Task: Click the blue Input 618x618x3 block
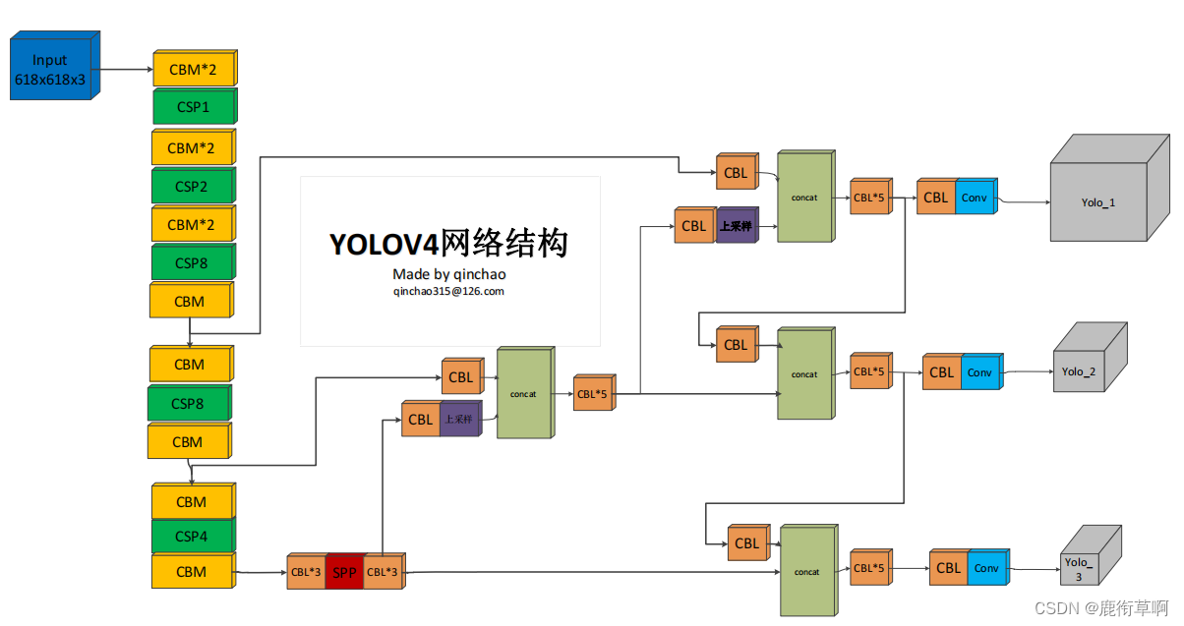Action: pyautogui.click(x=51, y=68)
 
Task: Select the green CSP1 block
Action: pyautogui.click(x=193, y=106)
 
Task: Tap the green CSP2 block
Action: pyautogui.click(x=192, y=186)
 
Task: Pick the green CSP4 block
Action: pyautogui.click(x=192, y=537)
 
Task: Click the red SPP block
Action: pyautogui.click(x=344, y=572)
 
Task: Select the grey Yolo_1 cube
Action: pyautogui.click(x=1098, y=201)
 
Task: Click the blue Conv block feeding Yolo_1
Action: pyautogui.click(x=975, y=198)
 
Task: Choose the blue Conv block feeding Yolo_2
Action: pyautogui.click(x=979, y=372)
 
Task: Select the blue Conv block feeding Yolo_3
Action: pyautogui.click(x=986, y=568)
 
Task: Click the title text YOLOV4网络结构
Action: pyautogui.click(x=448, y=244)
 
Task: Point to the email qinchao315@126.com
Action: pyautogui.click(x=448, y=291)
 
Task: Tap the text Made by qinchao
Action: pyautogui.click(x=448, y=273)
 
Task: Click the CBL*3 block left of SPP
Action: pyautogui.click(x=306, y=572)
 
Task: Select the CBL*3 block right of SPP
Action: pyautogui.click(x=383, y=572)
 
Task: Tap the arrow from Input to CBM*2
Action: pyautogui.click(x=125, y=69)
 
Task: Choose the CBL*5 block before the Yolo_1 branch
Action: pyautogui.click(x=869, y=198)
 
